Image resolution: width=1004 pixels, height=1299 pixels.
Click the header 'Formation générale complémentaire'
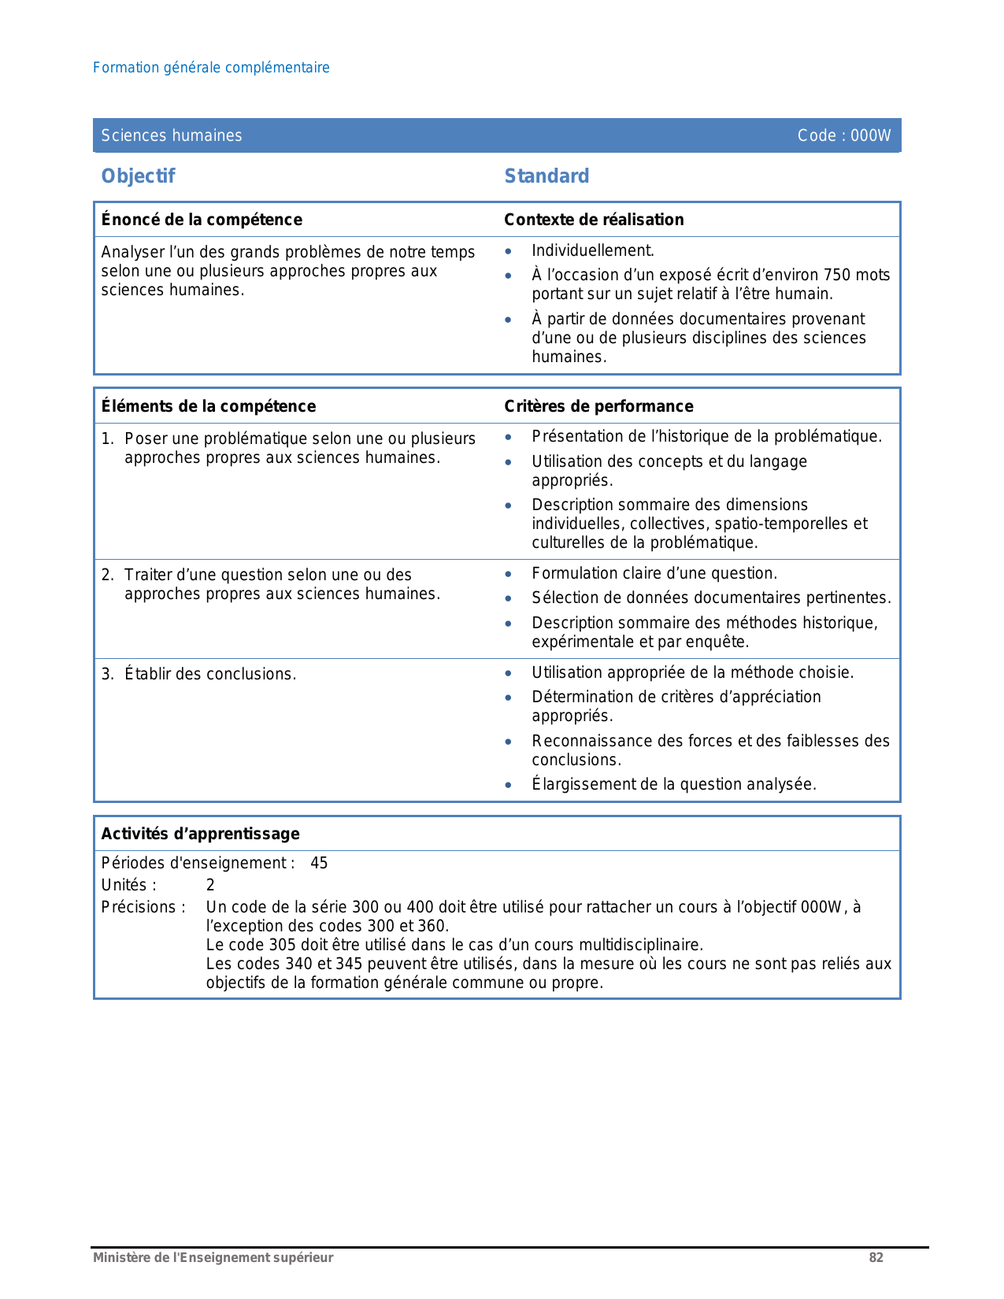[x=211, y=68]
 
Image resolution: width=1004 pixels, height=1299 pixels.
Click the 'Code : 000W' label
[x=843, y=135]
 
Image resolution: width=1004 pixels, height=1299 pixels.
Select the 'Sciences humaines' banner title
[x=172, y=135]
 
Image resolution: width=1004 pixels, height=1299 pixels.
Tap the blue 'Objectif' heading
[x=138, y=176]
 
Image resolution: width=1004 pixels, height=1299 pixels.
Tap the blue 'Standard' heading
[x=546, y=176]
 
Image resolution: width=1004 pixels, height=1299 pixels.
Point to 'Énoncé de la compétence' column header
[x=202, y=220]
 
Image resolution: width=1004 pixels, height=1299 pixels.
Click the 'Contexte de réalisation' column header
[x=594, y=220]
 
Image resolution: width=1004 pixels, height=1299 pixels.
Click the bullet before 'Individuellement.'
[x=509, y=252]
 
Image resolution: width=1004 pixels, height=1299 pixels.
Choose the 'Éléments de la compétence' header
[x=209, y=406]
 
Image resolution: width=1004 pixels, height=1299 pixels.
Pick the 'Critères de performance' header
[x=598, y=406]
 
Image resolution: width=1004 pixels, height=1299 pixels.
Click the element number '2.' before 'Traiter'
[x=108, y=575]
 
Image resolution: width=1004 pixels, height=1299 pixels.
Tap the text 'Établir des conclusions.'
[x=210, y=674]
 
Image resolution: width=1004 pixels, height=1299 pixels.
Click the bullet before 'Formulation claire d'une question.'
[x=509, y=575]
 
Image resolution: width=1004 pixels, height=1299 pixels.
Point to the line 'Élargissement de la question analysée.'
[x=673, y=784]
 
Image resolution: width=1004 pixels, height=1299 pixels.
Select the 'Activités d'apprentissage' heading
[x=200, y=834]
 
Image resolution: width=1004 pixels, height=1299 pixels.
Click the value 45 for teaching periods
[x=319, y=863]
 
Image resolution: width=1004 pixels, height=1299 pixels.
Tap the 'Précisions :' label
[x=143, y=907]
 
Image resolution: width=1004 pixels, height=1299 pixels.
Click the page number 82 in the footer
[x=876, y=1257]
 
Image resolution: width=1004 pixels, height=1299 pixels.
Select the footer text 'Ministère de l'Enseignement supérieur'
[x=213, y=1257]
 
